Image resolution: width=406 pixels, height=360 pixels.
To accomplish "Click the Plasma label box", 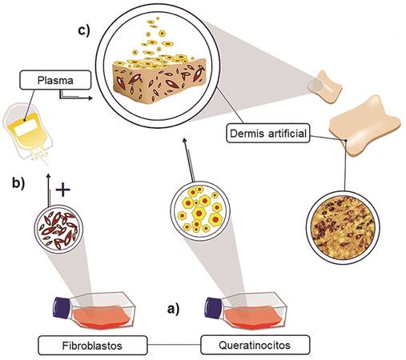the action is (55, 80).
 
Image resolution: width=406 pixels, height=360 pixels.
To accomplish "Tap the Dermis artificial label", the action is (268, 133).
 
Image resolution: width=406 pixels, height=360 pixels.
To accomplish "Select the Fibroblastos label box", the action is (92, 346).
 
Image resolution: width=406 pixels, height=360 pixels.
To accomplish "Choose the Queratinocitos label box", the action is (255, 345).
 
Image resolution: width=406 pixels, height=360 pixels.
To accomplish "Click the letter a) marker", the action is (174, 309).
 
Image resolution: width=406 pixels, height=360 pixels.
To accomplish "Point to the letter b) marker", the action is (18, 183).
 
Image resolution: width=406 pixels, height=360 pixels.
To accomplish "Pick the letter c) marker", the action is (84, 30).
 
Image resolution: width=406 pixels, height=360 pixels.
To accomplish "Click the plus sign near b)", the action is (62, 190).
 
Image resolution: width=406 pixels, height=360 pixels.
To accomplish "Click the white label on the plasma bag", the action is (26, 128).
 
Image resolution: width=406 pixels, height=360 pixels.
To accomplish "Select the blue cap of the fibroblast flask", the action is (61, 307).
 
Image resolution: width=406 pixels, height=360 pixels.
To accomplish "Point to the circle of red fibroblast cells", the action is (58, 229).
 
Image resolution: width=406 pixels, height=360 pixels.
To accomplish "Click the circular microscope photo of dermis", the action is (343, 227).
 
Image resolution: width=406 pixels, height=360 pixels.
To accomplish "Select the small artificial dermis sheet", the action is (324, 87).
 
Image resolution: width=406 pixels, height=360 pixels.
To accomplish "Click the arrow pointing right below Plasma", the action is (76, 96).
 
